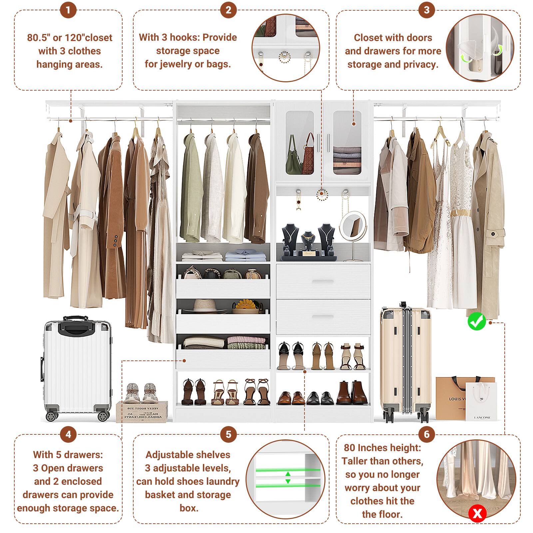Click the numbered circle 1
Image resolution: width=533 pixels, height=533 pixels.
pyautogui.click(x=68, y=10)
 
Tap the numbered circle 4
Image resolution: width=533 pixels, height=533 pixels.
pyautogui.click(x=68, y=434)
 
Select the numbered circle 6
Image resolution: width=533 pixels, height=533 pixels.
pyautogui.click(x=427, y=434)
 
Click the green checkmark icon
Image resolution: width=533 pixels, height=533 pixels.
pyautogui.click(x=477, y=321)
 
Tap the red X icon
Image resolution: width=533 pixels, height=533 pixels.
pyautogui.click(x=477, y=513)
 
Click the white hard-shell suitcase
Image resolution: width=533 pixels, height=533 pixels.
pyautogui.click(x=77, y=368)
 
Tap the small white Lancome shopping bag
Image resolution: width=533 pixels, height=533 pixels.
pyautogui.click(x=481, y=401)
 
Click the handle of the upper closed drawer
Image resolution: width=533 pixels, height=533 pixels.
pyautogui.click(x=322, y=282)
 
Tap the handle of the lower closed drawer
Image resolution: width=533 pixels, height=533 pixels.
pyautogui.click(x=322, y=316)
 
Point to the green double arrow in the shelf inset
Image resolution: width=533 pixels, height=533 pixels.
pyautogui.click(x=288, y=477)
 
